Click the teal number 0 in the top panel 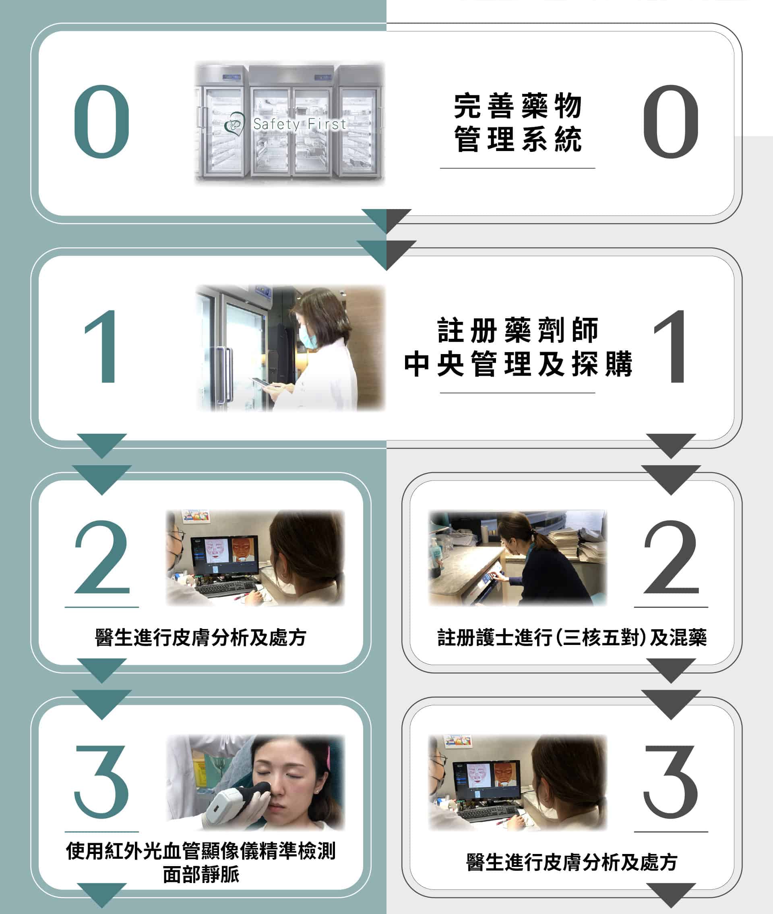point(102,121)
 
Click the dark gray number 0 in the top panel point(671,121)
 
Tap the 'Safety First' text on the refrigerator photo point(300,124)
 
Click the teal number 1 point(102,346)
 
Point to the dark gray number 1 point(671,346)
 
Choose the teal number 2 point(102,557)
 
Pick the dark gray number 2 point(671,557)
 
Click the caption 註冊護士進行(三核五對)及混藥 point(572,638)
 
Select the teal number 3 point(102,781)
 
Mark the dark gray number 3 point(671,781)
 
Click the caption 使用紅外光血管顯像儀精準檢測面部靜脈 point(201,863)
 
